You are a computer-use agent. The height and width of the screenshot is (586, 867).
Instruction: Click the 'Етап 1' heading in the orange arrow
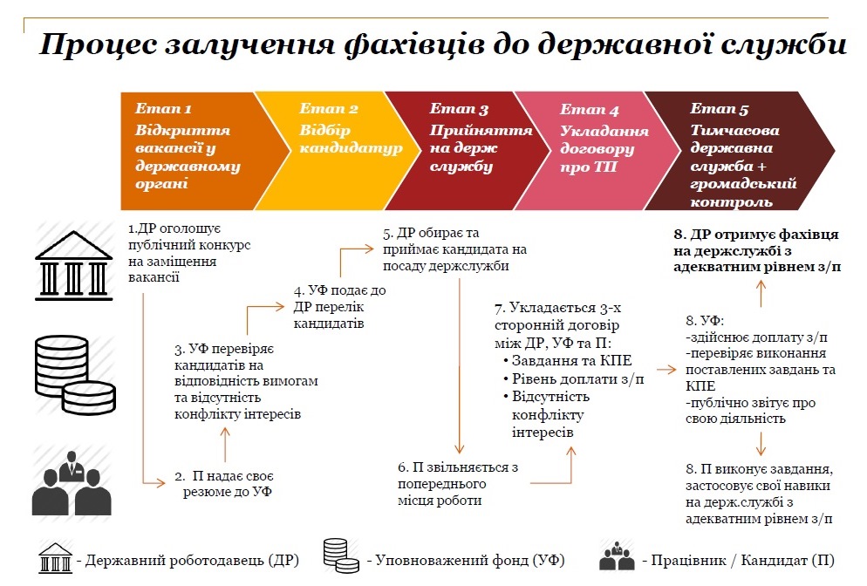coord(163,108)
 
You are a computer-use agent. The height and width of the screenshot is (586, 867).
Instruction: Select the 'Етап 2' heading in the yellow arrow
coord(329,108)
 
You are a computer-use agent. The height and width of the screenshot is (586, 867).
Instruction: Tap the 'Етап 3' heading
coord(459,109)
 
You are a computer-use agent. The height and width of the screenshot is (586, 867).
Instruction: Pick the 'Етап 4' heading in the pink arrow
coord(590,110)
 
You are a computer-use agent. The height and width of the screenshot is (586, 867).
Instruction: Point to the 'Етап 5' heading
coord(720,109)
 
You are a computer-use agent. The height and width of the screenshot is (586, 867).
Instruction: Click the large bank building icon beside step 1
coord(73,265)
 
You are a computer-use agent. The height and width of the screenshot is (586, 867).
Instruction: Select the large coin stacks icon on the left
coord(75,375)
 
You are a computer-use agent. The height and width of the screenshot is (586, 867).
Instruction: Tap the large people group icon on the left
coord(72,484)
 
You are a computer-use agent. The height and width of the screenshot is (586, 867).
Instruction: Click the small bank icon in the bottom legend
coord(55,557)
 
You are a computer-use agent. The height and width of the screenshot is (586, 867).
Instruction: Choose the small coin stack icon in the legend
coord(341,555)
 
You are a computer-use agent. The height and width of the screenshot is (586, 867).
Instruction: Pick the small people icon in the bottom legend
coord(617,556)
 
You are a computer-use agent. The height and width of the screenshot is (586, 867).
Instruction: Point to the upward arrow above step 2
coord(225,445)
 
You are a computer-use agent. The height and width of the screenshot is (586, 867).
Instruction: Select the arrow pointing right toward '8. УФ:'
coord(667,370)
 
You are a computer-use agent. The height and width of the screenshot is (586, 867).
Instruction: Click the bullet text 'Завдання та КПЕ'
coord(571,361)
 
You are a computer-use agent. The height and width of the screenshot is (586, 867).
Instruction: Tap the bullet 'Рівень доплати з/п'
coord(577,379)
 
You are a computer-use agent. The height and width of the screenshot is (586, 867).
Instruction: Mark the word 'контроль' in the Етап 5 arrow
coord(731,201)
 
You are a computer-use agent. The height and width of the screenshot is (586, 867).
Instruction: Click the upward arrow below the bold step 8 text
coord(761,294)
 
